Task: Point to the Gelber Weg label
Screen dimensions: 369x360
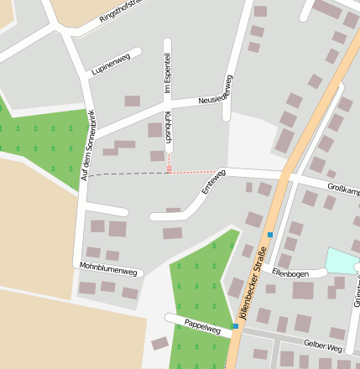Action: point(323,346)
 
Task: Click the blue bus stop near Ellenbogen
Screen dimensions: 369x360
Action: point(270,235)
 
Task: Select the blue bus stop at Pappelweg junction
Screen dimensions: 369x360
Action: point(234,325)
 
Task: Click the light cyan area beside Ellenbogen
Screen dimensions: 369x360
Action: point(340,260)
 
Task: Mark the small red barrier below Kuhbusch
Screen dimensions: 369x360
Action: point(169,169)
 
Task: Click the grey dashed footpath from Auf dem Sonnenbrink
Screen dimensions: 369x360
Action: point(126,174)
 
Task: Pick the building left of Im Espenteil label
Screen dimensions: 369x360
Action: point(132,101)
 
